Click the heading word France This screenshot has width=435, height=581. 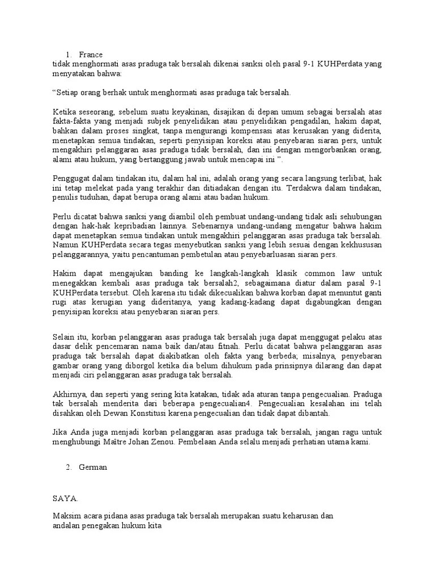[91, 55]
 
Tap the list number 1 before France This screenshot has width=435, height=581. [69, 55]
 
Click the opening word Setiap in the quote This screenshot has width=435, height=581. [68, 92]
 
